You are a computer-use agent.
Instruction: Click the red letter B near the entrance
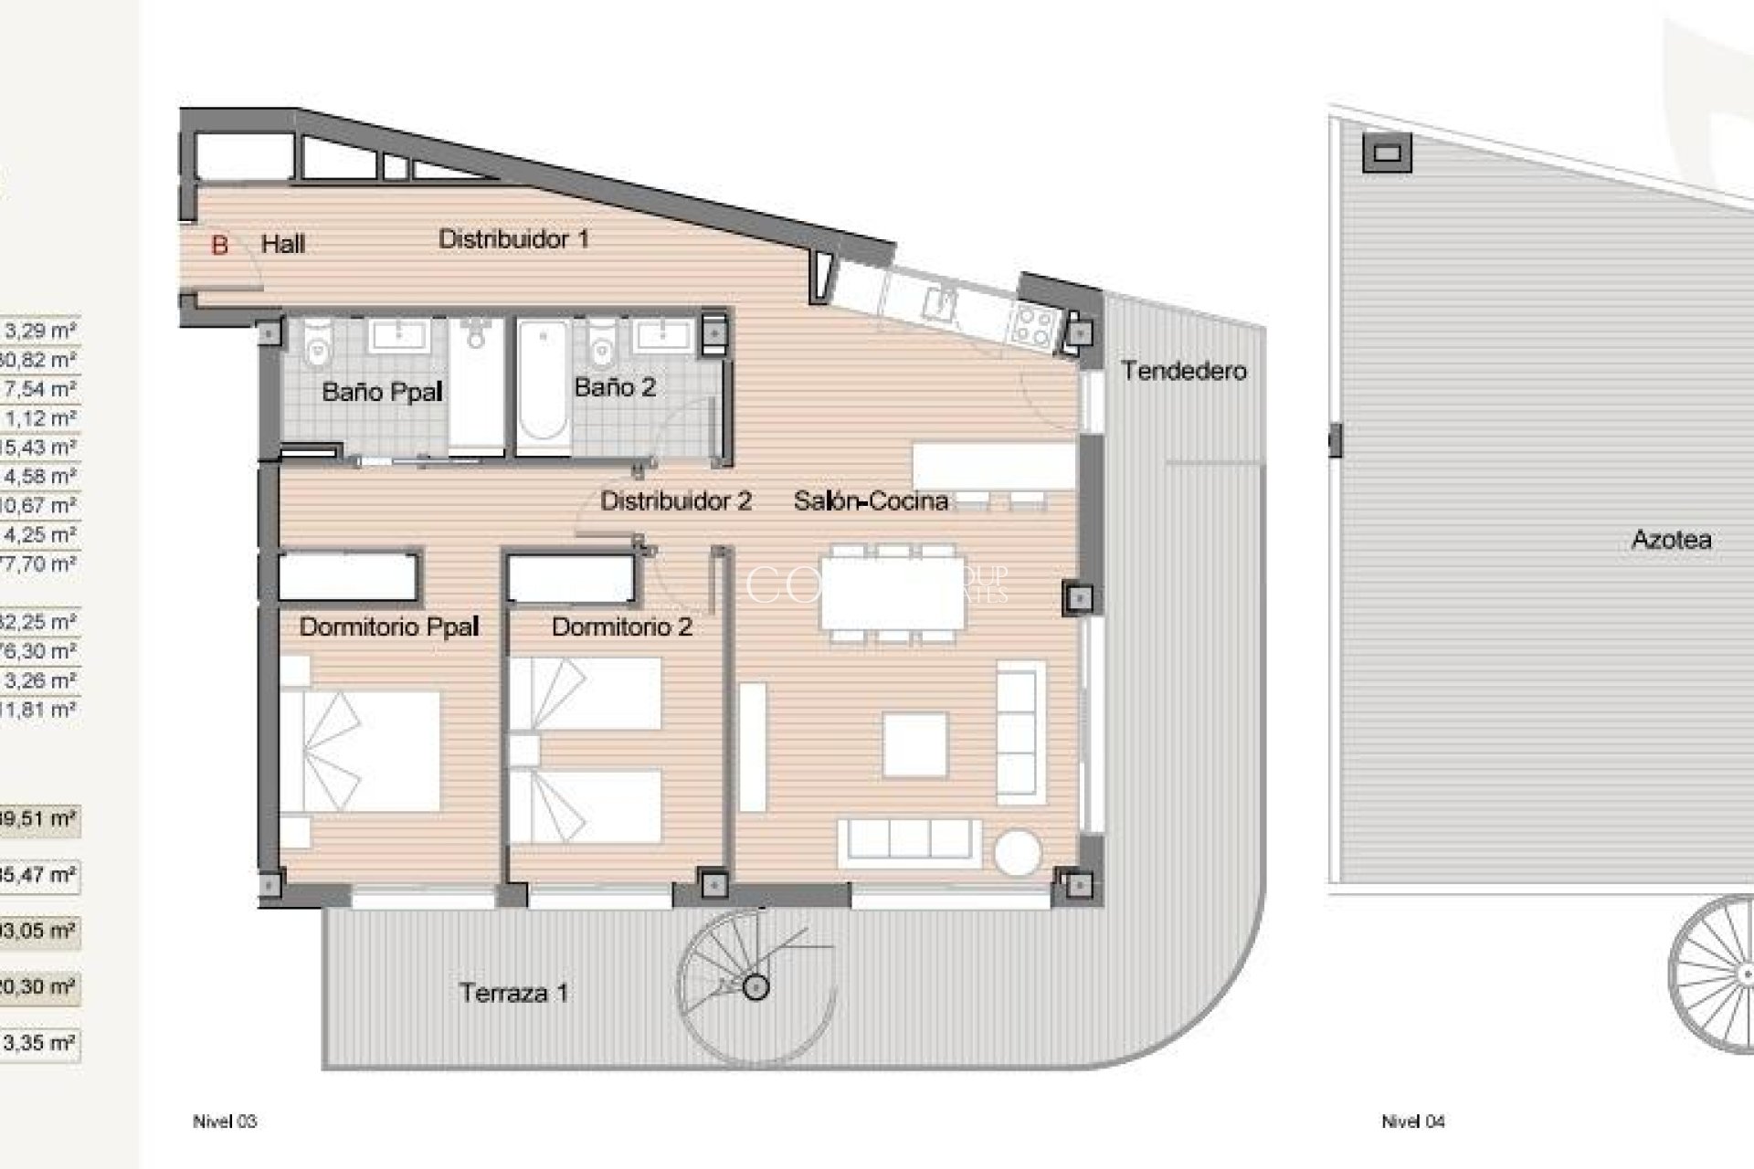pos(219,245)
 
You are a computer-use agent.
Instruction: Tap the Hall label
pos(283,244)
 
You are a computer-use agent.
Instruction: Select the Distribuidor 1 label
pos(513,239)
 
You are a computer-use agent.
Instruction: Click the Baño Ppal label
pos(382,393)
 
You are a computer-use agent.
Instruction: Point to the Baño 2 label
pos(615,387)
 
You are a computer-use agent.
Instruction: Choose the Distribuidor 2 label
pos(675,500)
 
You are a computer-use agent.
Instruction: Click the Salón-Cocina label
pos(870,500)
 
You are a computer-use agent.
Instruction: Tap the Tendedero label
pos(1183,371)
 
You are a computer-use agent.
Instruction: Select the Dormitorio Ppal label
pos(389,627)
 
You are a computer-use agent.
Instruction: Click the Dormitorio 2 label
pos(621,627)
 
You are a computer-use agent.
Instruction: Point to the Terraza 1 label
pos(513,993)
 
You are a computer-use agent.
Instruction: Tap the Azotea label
pos(1671,540)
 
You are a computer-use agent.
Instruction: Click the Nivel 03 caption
pos(225,1122)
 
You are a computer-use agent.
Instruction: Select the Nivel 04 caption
pos(1412,1122)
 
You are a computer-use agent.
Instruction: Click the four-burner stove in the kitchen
pos(1032,325)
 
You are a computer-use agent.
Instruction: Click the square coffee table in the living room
pos(914,744)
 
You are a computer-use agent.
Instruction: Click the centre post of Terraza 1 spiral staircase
pos(755,986)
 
